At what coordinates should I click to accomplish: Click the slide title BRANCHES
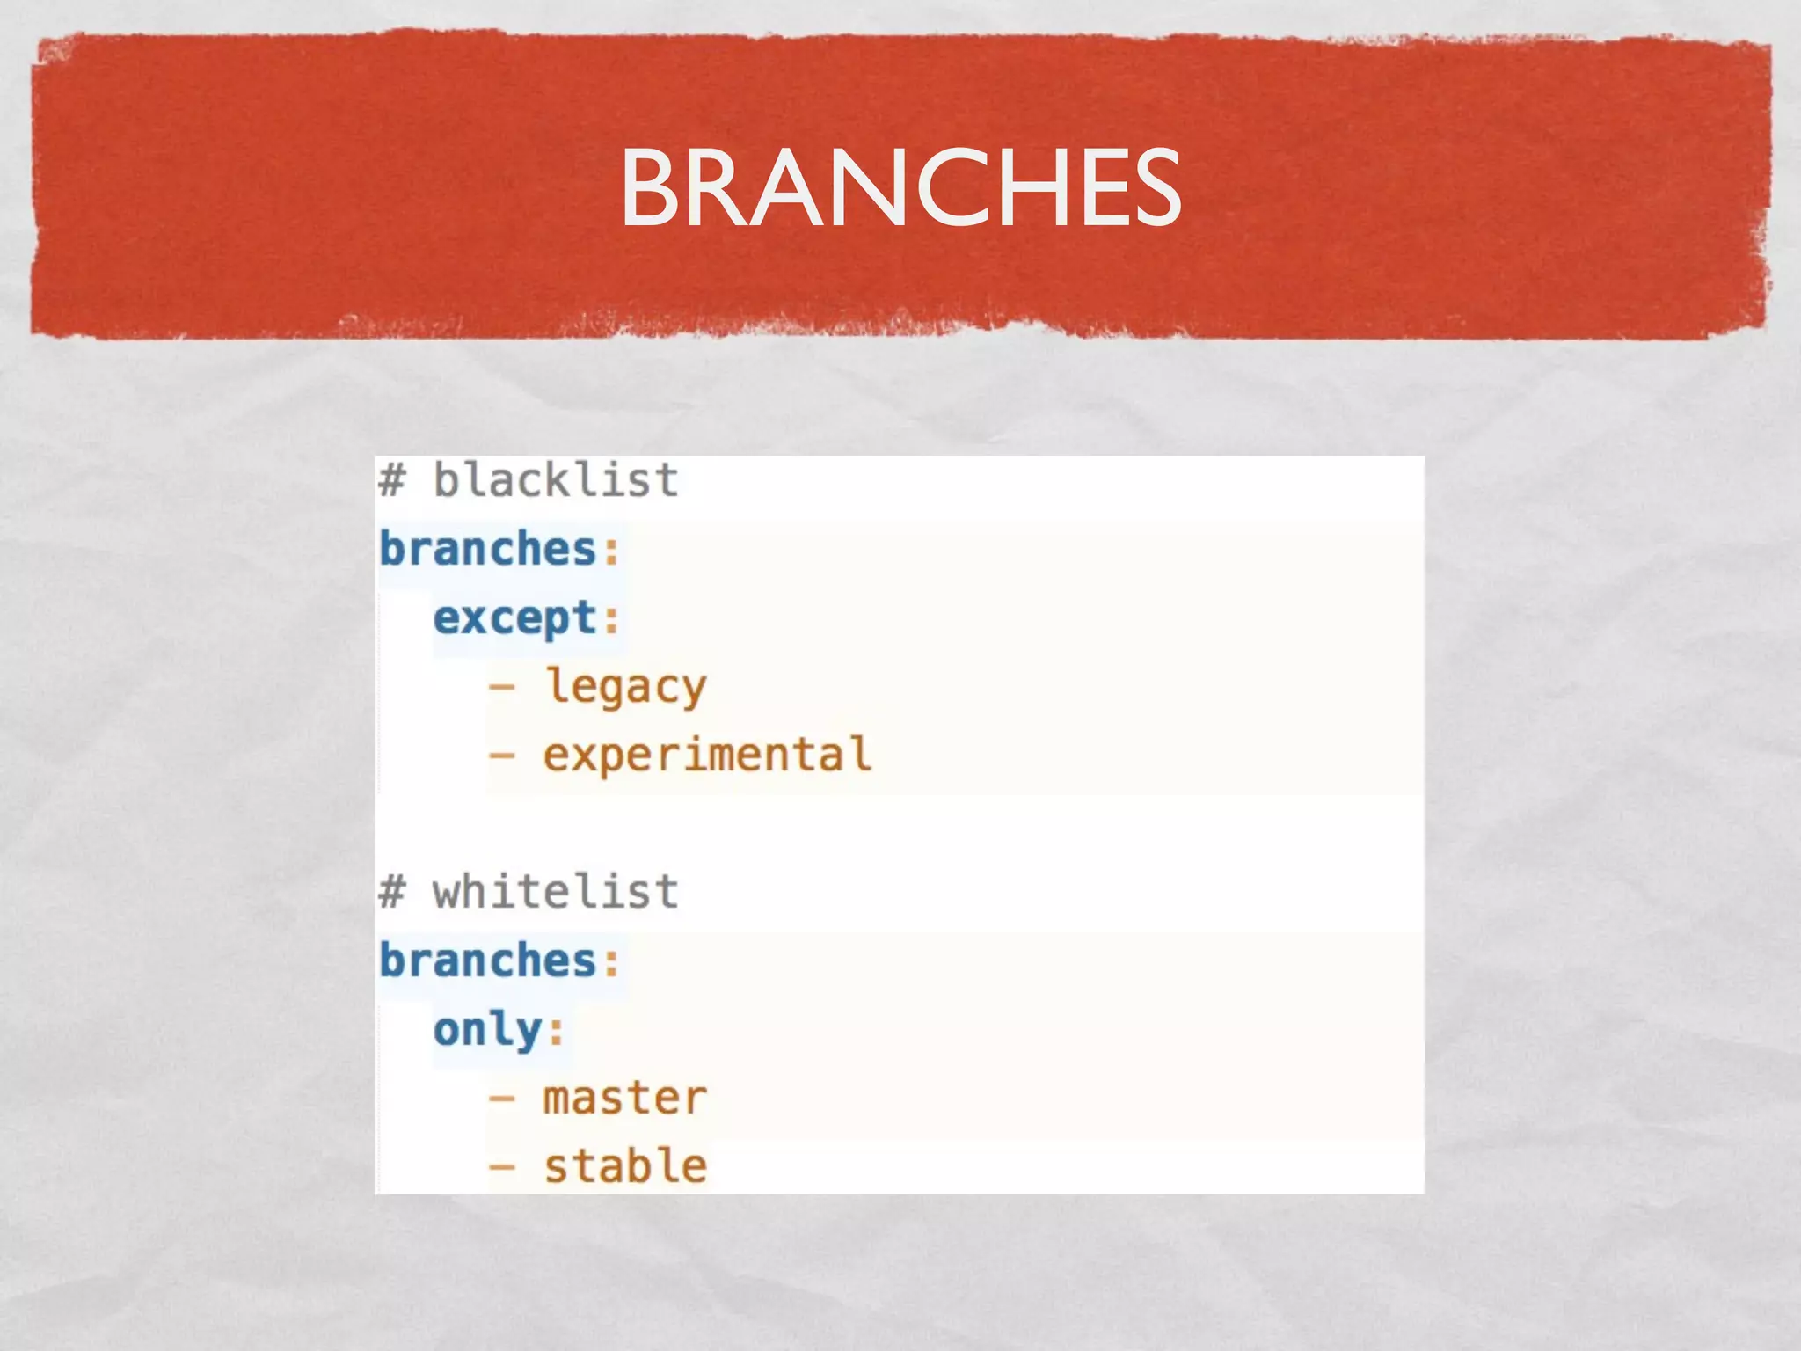tap(900, 186)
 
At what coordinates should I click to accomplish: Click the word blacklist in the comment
tap(556, 480)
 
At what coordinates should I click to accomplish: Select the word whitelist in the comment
tap(556, 891)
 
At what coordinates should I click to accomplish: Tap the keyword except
tap(515, 617)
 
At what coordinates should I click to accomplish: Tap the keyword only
tap(488, 1029)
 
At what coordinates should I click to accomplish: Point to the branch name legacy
tap(625, 687)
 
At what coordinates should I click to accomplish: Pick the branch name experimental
tap(707, 755)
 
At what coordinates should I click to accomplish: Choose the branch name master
tap(625, 1098)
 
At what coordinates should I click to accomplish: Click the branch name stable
tap(625, 1166)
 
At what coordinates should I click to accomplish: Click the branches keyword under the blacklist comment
tap(489, 549)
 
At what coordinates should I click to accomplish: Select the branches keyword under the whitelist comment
tap(489, 960)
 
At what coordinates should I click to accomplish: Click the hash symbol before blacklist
tap(392, 480)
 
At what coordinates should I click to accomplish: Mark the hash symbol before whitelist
tap(392, 891)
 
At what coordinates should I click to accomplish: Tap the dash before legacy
tap(502, 686)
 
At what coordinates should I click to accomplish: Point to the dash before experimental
tap(502, 755)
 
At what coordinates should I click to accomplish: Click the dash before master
tap(502, 1098)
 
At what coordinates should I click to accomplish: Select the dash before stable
tap(502, 1166)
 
